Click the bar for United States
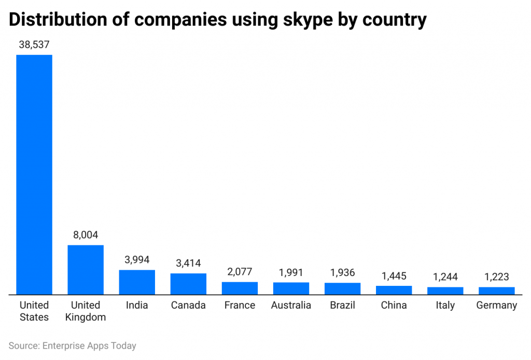(34, 174)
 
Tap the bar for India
(137, 282)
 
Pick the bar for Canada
(188, 284)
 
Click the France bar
(240, 288)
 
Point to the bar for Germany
(496, 290)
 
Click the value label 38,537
(34, 45)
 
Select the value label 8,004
(86, 235)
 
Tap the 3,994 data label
(137, 260)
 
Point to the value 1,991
(291, 272)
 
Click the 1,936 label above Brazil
(342, 273)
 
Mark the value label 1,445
(394, 276)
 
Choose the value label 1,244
(445, 277)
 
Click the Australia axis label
(291, 305)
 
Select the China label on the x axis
(394, 305)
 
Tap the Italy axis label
(445, 305)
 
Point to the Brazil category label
(342, 305)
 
